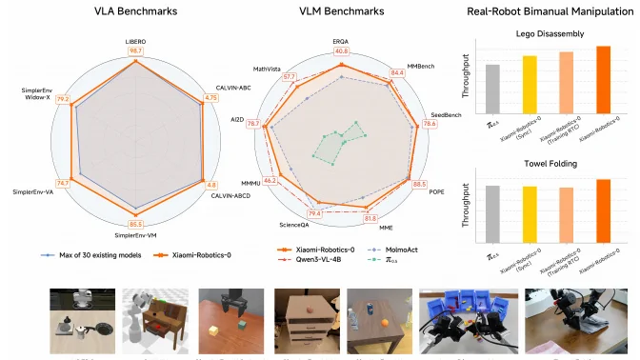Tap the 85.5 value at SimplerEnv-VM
tap(136, 224)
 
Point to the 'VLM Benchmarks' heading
tap(344, 13)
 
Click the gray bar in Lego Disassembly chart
tap(492, 88)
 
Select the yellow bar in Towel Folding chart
tap(530, 213)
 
